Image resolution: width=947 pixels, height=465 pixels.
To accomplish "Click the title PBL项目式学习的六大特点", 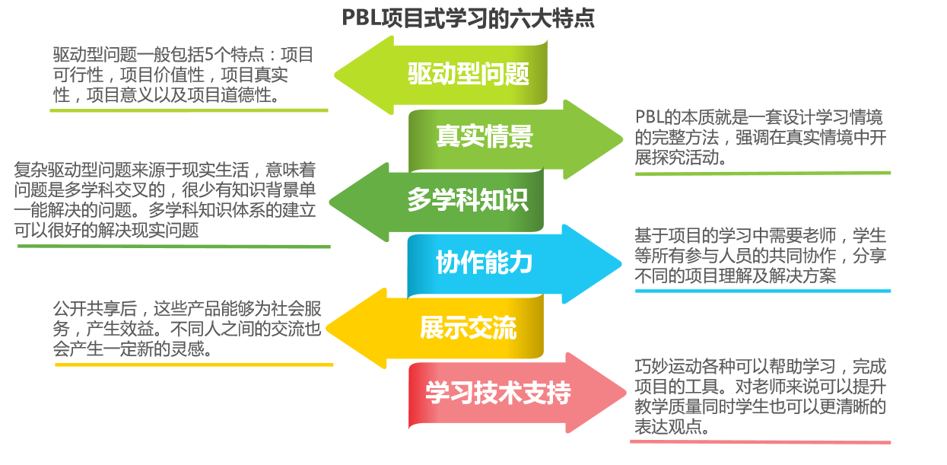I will click(x=469, y=17).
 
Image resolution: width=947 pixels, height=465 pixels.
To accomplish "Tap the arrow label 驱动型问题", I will click(x=468, y=74).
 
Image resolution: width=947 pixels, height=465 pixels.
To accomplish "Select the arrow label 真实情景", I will click(x=485, y=137).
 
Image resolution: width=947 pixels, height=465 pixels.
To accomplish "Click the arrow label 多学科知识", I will click(x=467, y=200).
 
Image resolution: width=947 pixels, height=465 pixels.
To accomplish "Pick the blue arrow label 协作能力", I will click(x=484, y=263).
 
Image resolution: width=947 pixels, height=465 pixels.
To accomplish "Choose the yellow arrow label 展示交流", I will click(x=468, y=327).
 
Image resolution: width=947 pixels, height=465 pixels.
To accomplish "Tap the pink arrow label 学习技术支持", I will click(x=497, y=393).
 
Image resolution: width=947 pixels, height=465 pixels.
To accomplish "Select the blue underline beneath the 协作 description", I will click(x=762, y=291).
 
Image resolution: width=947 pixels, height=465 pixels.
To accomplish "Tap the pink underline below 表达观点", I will click(x=762, y=442).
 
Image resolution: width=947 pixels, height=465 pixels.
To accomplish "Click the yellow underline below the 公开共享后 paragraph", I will click(x=194, y=365).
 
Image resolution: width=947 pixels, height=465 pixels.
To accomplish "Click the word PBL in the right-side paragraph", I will click(x=650, y=118).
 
